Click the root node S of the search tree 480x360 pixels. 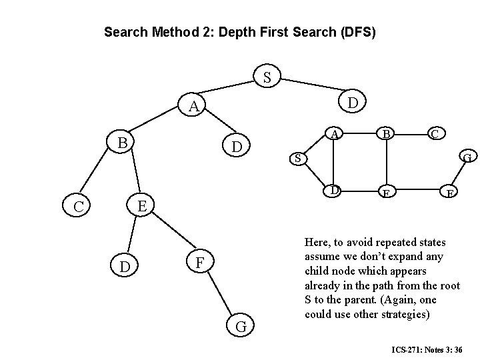(267, 78)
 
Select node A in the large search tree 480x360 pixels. (193, 107)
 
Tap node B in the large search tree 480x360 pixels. (122, 143)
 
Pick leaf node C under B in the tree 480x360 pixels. (79, 207)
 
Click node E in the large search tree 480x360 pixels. (141, 204)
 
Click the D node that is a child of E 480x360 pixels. (125, 267)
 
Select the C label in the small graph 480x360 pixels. (435, 134)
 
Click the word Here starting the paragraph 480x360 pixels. (317, 242)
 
